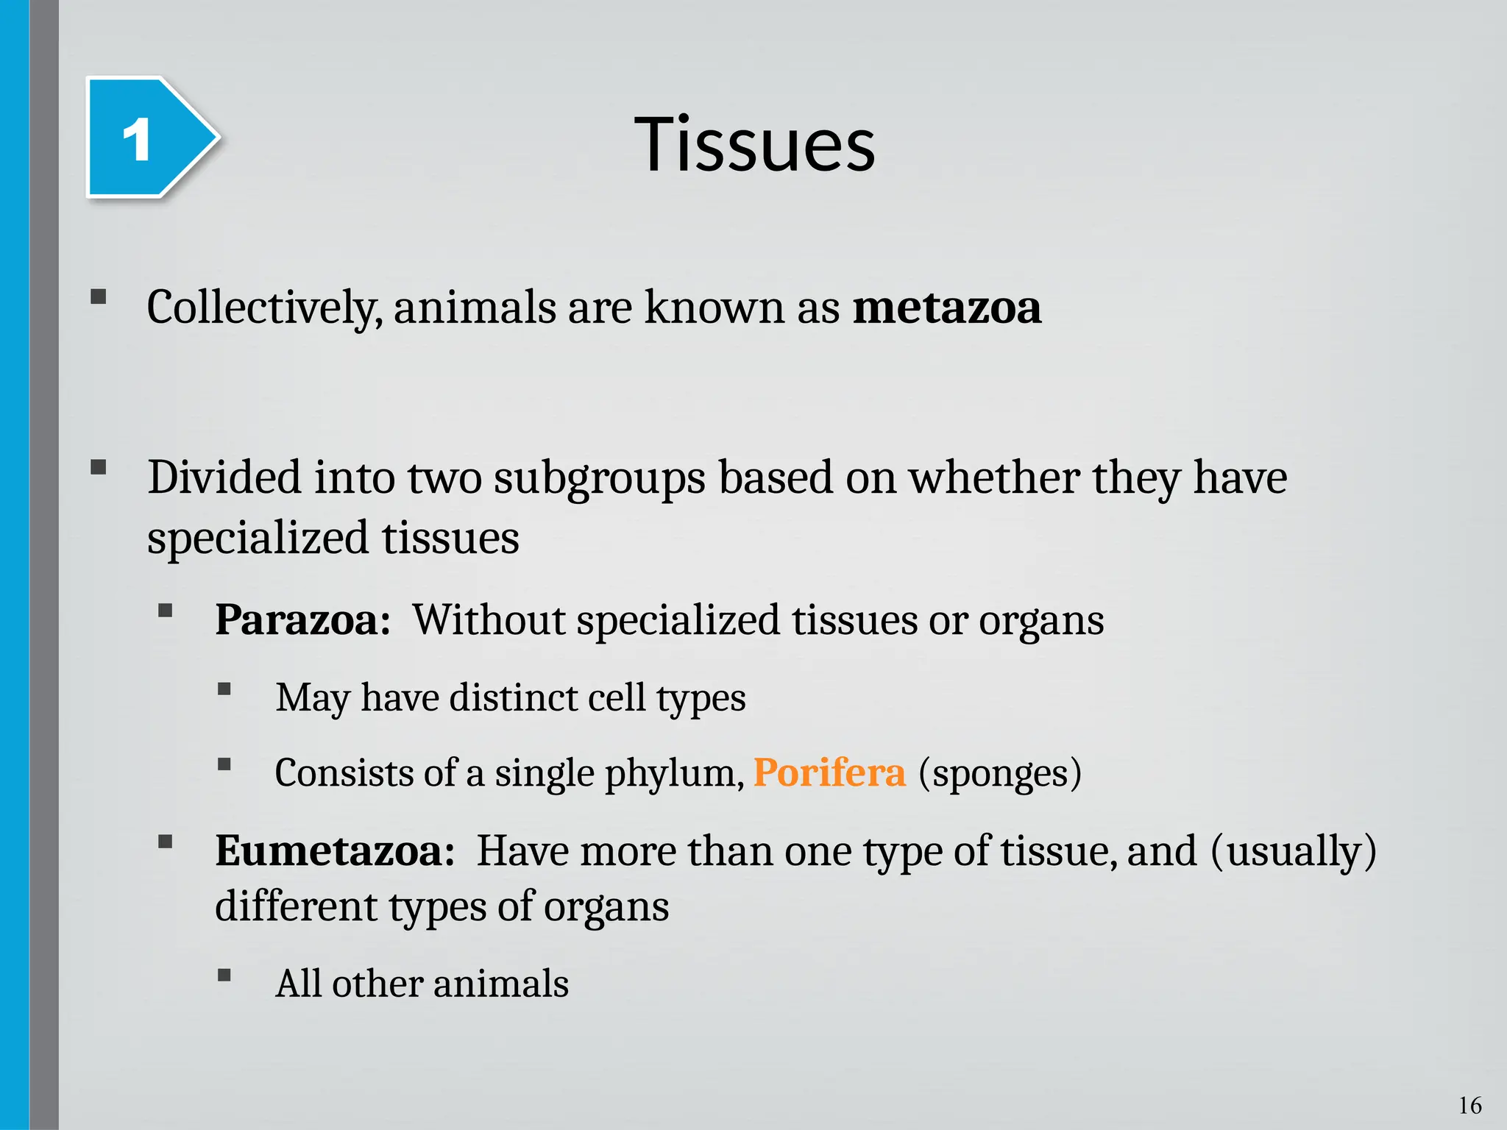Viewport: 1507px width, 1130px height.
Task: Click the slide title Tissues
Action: pyautogui.click(x=755, y=144)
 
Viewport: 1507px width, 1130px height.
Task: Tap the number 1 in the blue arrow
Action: pyautogui.click(x=137, y=140)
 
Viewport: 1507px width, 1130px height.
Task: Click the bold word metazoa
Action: pyautogui.click(x=946, y=308)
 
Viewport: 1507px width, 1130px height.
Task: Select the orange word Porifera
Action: pyautogui.click(x=829, y=773)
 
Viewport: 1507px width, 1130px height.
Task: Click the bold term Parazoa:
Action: pyautogui.click(x=302, y=619)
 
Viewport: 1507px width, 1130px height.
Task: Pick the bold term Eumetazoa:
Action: pyautogui.click(x=335, y=851)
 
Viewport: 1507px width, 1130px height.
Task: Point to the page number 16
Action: pyautogui.click(x=1469, y=1105)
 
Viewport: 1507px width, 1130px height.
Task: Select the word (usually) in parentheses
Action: pyautogui.click(x=1293, y=851)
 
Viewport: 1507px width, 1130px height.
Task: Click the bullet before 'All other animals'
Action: pyautogui.click(x=224, y=976)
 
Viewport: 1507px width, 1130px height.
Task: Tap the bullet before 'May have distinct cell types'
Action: pyautogui.click(x=224, y=689)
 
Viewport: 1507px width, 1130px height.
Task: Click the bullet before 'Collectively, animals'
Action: pyautogui.click(x=98, y=297)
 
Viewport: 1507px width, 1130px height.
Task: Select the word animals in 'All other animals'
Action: pyautogui.click(x=501, y=984)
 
